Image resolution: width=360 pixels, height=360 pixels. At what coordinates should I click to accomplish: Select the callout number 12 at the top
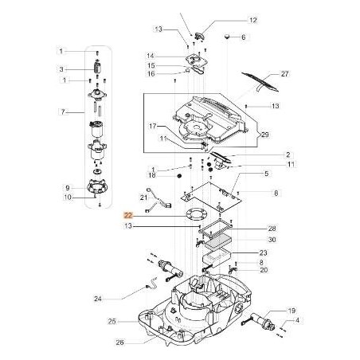231,19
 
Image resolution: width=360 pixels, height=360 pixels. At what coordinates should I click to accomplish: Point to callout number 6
244,37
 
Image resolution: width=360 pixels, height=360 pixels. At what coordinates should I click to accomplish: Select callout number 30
272,239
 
